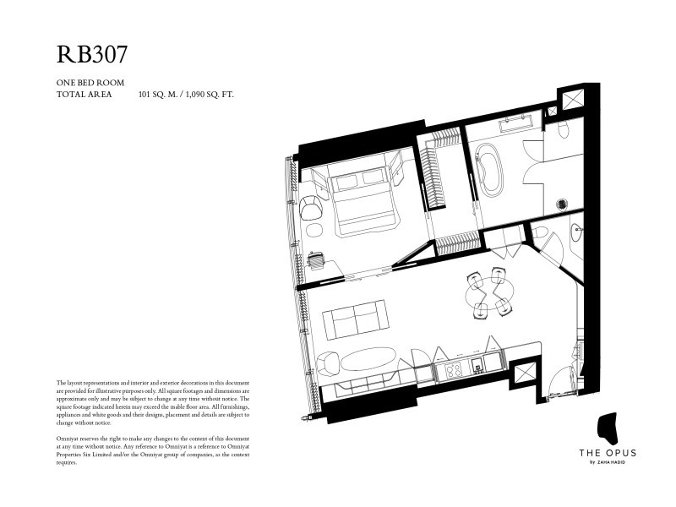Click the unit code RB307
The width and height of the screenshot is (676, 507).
tap(92, 54)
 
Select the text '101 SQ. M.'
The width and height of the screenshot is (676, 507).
tap(158, 95)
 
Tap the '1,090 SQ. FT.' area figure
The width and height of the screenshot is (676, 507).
tap(210, 95)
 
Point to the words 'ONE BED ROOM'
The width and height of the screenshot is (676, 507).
tap(90, 82)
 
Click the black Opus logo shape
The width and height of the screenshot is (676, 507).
tap(608, 428)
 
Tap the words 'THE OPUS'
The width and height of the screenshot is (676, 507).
tap(608, 453)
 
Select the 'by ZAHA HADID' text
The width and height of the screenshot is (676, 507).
tap(608, 462)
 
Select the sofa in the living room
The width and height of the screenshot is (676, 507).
tap(356, 319)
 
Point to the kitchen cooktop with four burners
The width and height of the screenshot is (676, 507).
tap(452, 370)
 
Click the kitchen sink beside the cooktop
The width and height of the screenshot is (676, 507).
tap(477, 365)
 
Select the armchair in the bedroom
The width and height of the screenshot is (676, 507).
tap(311, 208)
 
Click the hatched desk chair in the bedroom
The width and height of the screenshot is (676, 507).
tap(317, 260)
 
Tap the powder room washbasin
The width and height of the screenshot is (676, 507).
tap(576, 233)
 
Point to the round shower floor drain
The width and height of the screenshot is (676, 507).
tap(561, 204)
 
